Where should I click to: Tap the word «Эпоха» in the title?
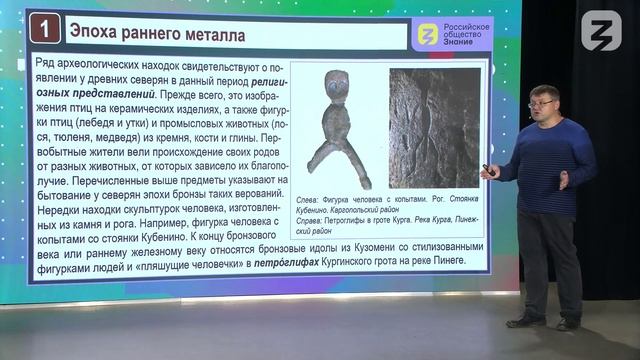(99, 36)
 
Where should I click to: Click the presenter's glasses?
(538, 103)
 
